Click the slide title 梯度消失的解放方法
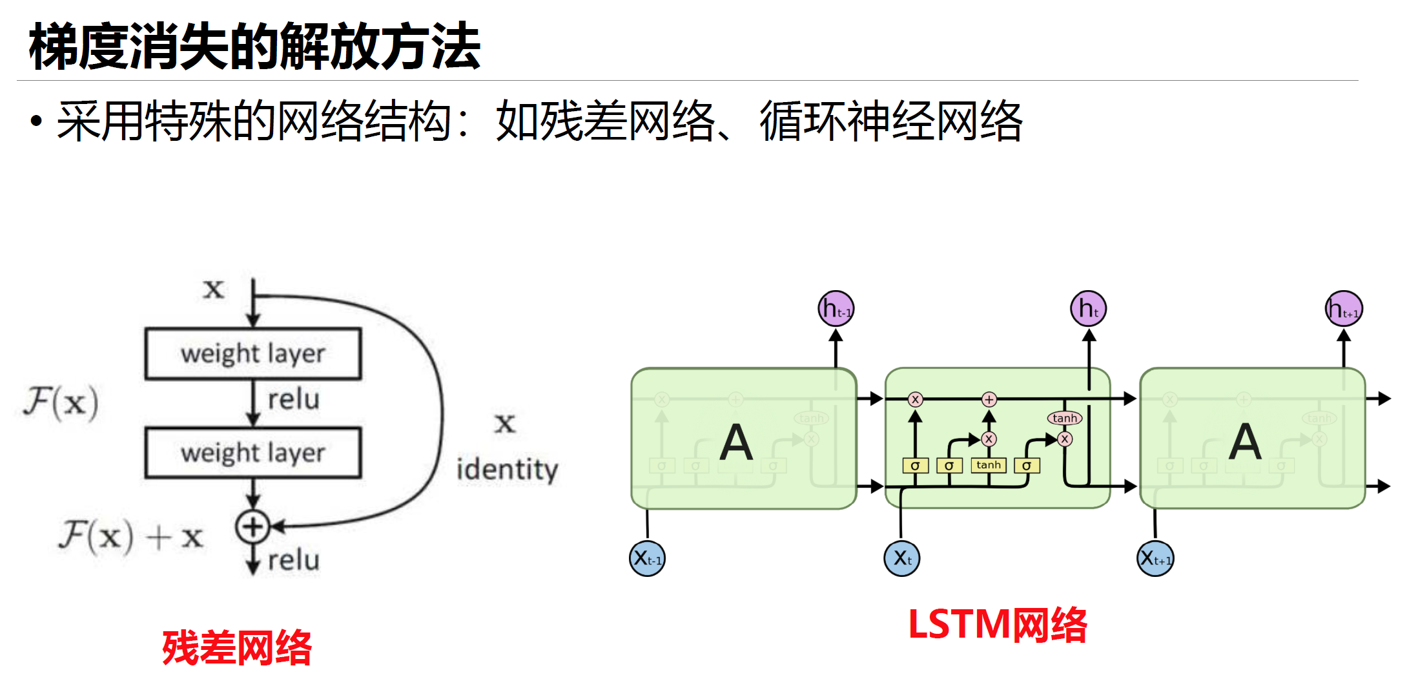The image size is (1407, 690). (x=254, y=47)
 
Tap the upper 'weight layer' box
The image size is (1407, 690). (x=253, y=353)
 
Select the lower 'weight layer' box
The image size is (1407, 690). (x=253, y=453)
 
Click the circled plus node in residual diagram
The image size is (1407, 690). (x=252, y=527)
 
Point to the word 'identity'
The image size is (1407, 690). (x=507, y=470)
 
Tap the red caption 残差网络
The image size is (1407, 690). (x=237, y=647)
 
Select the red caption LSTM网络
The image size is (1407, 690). (x=997, y=625)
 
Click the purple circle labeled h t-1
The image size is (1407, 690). (x=836, y=309)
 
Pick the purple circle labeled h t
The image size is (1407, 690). (x=1089, y=309)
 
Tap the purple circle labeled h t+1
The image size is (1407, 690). (x=1344, y=309)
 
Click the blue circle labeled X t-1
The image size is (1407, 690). (x=647, y=558)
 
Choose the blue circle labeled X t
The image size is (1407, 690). (x=902, y=558)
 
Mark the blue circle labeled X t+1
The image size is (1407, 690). (x=1155, y=558)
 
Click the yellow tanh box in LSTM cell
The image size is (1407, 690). (x=989, y=465)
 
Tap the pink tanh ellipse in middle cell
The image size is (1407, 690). (x=1065, y=418)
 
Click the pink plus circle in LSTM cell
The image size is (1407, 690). (x=989, y=399)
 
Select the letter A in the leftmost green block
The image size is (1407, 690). (x=737, y=443)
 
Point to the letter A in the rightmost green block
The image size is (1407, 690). (x=1245, y=443)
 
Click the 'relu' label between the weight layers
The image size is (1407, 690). (x=294, y=399)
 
